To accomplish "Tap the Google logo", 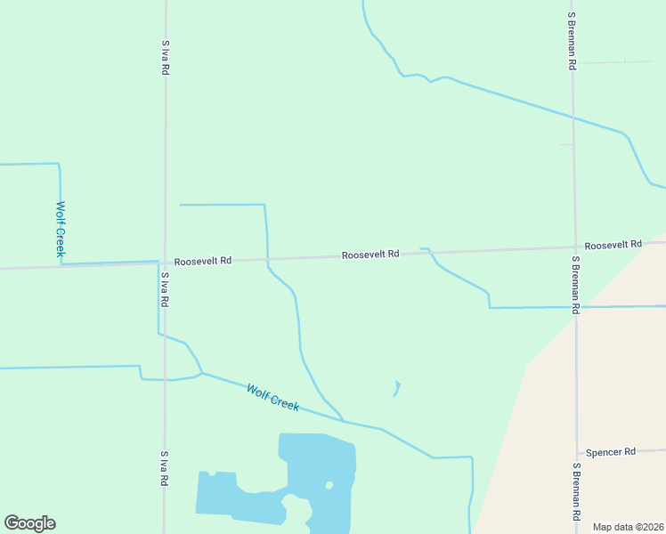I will [x=29, y=523].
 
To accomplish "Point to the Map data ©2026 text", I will [x=629, y=527].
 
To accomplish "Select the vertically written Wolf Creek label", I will [x=61, y=230].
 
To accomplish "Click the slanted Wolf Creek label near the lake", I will [x=272, y=397].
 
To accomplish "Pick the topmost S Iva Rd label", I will [x=166, y=57].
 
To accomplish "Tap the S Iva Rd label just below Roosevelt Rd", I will [x=165, y=290].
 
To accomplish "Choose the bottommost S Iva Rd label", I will [x=164, y=469].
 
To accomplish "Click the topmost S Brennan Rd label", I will [x=572, y=42].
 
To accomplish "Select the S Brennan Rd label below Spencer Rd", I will [x=577, y=492].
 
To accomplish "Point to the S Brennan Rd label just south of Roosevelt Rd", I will [x=576, y=285].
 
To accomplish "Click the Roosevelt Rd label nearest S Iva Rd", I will [x=203, y=262].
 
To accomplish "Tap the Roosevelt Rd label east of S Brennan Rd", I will [x=613, y=245].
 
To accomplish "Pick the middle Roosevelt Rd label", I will [x=370, y=255].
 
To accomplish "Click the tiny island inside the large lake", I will [x=329, y=485].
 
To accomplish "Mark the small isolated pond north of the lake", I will [x=396, y=388].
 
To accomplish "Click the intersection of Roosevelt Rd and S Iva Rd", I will [x=165, y=263].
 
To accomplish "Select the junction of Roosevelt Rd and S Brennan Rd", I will [x=574, y=247].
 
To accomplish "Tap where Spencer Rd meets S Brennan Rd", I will [x=577, y=453].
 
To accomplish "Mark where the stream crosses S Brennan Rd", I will [x=573, y=117].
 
